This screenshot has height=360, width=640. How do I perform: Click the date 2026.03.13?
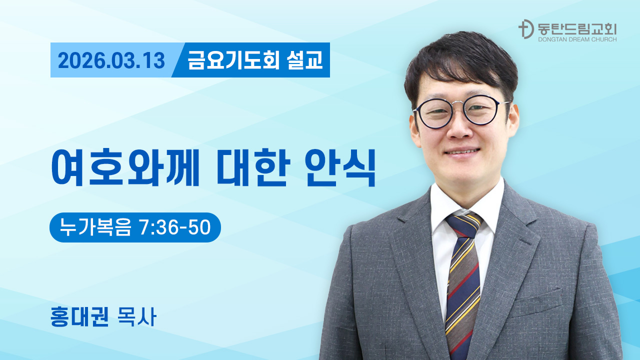(111, 60)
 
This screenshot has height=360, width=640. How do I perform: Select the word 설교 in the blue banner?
(305, 60)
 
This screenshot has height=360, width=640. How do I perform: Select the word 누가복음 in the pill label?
(95, 227)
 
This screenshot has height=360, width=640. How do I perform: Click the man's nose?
(459, 127)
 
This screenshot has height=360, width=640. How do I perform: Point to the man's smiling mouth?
(461, 151)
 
